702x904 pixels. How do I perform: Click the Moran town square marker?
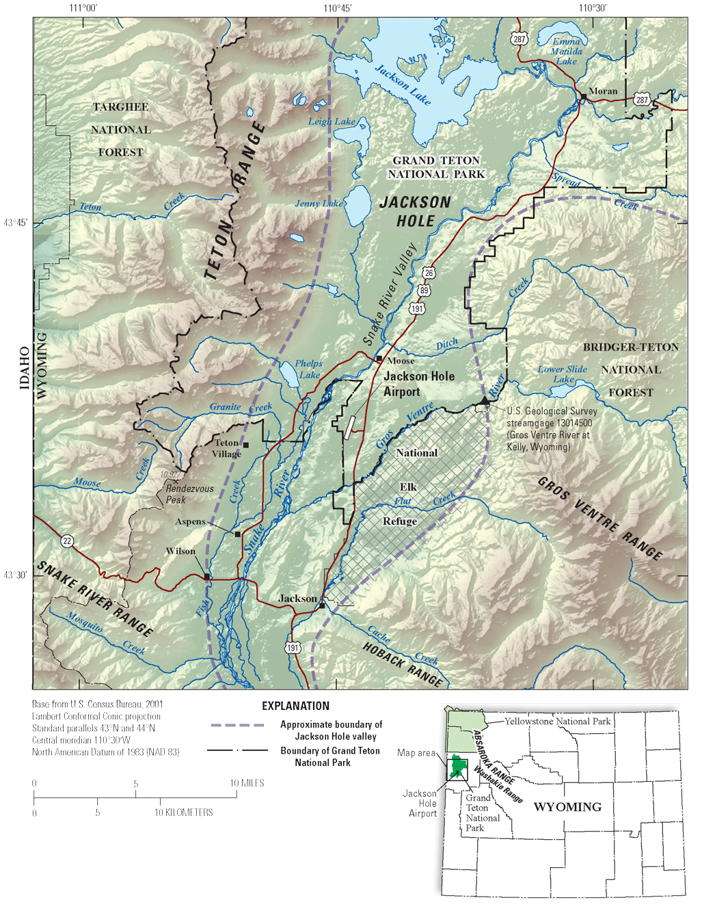(583, 98)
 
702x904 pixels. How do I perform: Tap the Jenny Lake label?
(319, 204)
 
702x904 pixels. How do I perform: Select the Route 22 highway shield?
(66, 541)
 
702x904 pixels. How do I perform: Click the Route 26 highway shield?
(429, 273)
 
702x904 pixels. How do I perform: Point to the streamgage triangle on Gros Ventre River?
(485, 400)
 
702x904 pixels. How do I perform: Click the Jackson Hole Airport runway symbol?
(349, 427)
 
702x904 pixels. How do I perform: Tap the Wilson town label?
(180, 551)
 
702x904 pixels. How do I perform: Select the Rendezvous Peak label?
(189, 494)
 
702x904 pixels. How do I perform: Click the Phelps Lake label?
(309, 369)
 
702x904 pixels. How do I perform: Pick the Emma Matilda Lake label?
(567, 51)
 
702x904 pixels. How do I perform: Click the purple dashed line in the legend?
(237, 725)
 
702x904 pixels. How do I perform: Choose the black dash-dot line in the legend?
(237, 750)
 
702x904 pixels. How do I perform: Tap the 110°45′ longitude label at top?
(337, 8)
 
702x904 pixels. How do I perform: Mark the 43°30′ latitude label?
(15, 575)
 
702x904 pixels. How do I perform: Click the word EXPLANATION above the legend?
(295, 706)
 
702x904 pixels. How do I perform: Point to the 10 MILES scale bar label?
(247, 783)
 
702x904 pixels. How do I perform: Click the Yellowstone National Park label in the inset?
(557, 721)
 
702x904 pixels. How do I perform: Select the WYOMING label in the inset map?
(567, 807)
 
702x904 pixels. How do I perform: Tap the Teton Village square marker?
(246, 446)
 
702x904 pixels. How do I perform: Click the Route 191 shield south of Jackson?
(293, 648)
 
